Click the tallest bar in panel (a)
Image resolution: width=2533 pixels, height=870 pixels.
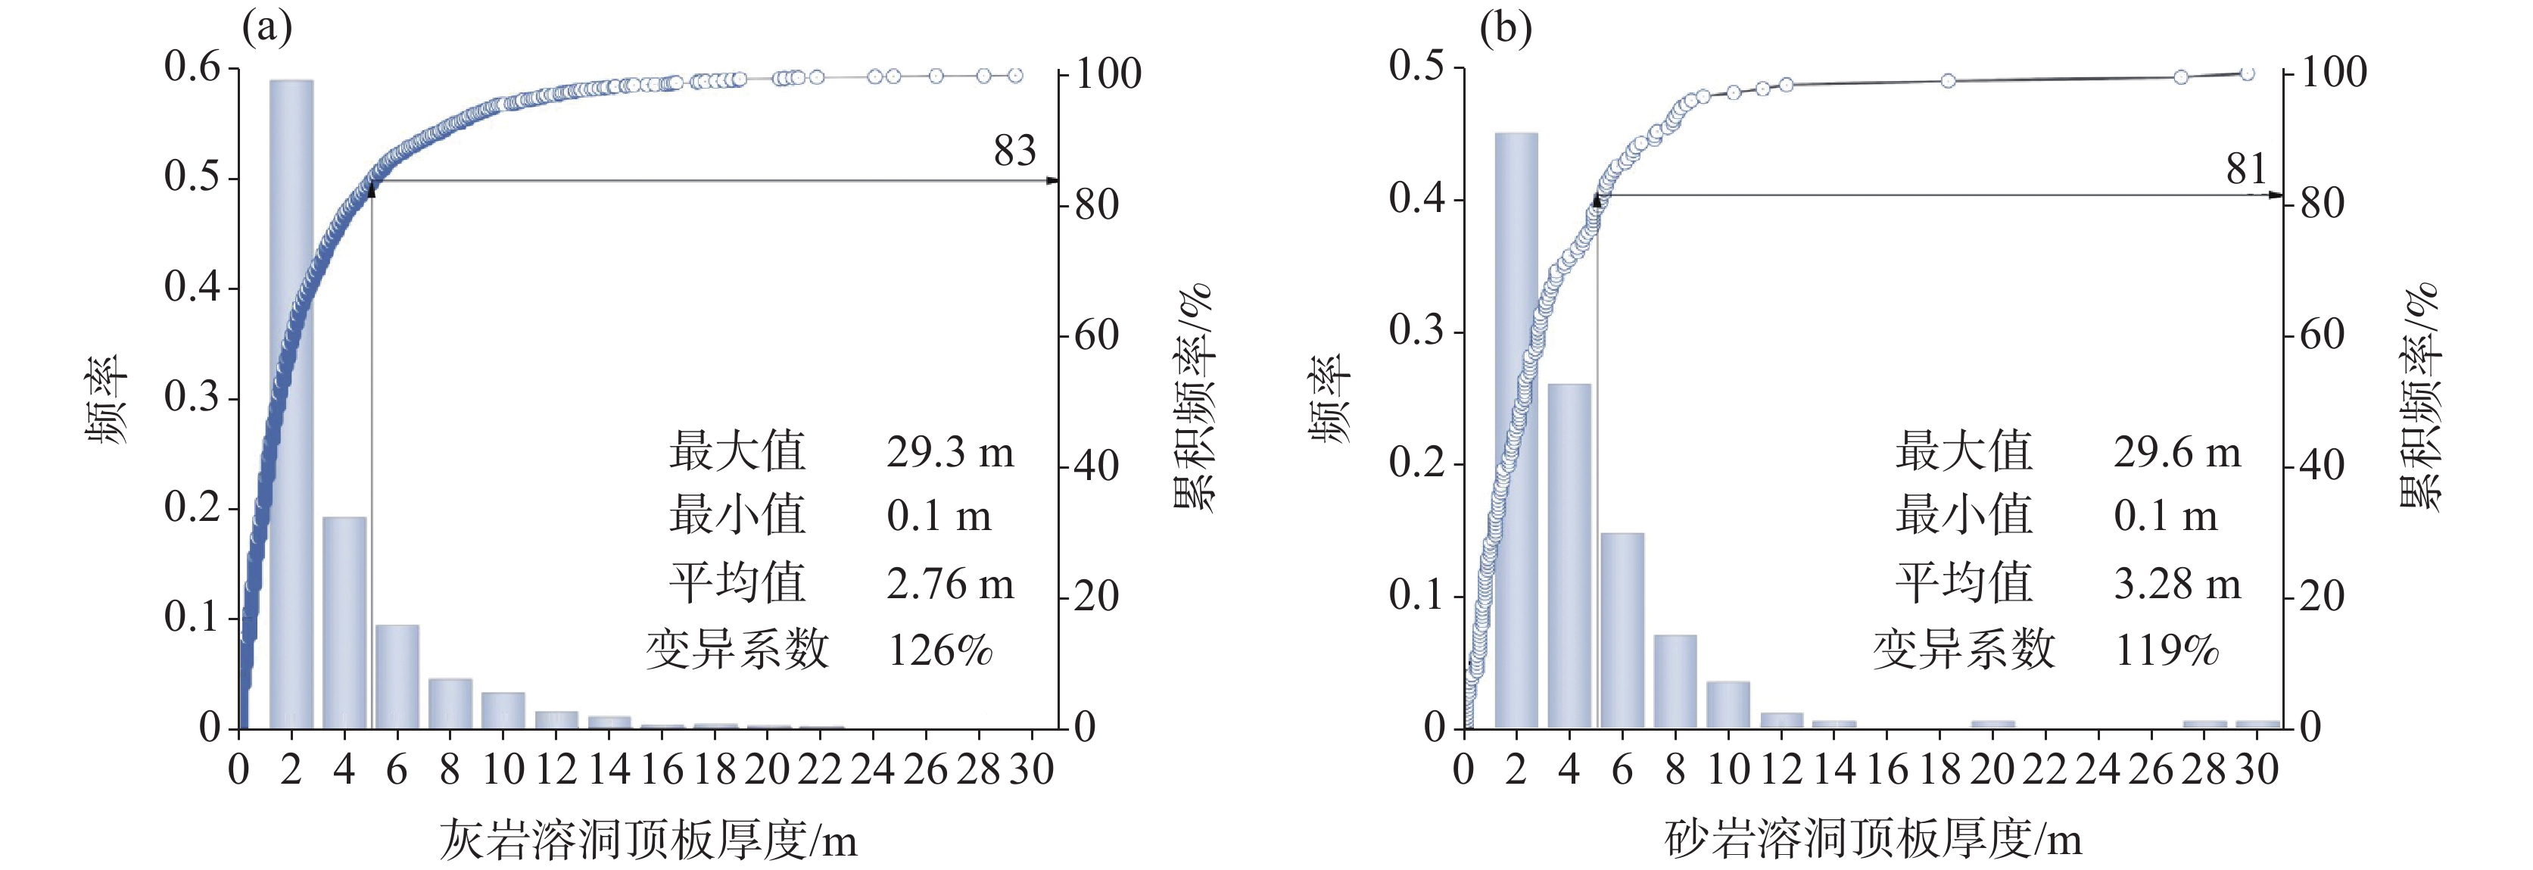(x=291, y=404)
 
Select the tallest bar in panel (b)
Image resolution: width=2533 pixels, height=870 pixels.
(x=1516, y=431)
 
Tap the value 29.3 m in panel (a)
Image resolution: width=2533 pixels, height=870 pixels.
(x=950, y=452)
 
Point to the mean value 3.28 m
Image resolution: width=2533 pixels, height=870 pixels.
(x=2177, y=584)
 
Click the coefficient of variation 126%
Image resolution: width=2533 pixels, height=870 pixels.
(x=940, y=650)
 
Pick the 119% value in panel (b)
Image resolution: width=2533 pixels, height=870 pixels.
(x=2167, y=650)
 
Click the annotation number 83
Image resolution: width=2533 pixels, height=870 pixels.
(x=1014, y=151)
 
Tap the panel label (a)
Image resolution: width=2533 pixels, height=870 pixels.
(x=267, y=29)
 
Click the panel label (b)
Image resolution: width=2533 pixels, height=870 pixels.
(x=1506, y=29)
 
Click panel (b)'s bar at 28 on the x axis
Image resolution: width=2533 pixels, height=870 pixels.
(x=2204, y=725)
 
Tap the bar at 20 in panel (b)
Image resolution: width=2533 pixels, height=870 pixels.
(x=1992, y=725)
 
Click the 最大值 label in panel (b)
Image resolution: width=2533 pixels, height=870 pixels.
(x=1964, y=452)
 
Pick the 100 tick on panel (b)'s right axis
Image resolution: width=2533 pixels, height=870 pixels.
(x=2332, y=72)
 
